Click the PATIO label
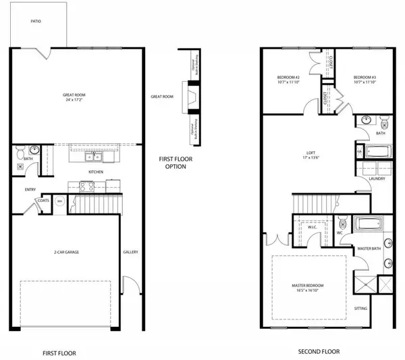click(x=36, y=22)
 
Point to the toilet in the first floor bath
click(x=20, y=151)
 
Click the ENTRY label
click(x=30, y=189)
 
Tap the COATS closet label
click(x=45, y=201)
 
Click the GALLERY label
click(x=130, y=252)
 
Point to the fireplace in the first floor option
click(x=192, y=97)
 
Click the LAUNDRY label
click(x=377, y=179)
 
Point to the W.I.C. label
click(x=313, y=227)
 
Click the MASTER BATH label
click(x=369, y=249)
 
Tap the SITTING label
click(x=362, y=308)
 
